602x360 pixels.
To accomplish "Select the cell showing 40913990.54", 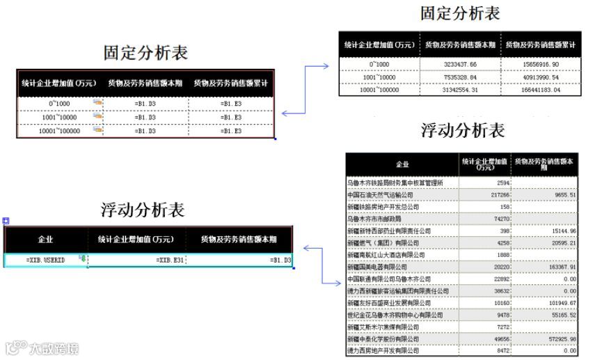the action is click(x=541, y=77).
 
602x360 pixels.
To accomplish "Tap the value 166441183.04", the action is click(x=541, y=91).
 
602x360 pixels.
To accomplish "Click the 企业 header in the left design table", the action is click(x=45, y=240).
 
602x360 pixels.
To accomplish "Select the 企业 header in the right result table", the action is click(x=402, y=164).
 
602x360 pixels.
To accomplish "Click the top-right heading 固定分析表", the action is click(x=461, y=13).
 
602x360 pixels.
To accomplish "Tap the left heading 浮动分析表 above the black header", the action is click(x=143, y=209).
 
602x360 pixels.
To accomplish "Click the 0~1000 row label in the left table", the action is click(x=59, y=103).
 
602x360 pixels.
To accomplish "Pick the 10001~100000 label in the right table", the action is click(x=379, y=91).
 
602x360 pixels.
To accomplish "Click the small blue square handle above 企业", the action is click(x=6, y=221).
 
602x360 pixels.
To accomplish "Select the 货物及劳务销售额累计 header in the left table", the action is click(x=231, y=83).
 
